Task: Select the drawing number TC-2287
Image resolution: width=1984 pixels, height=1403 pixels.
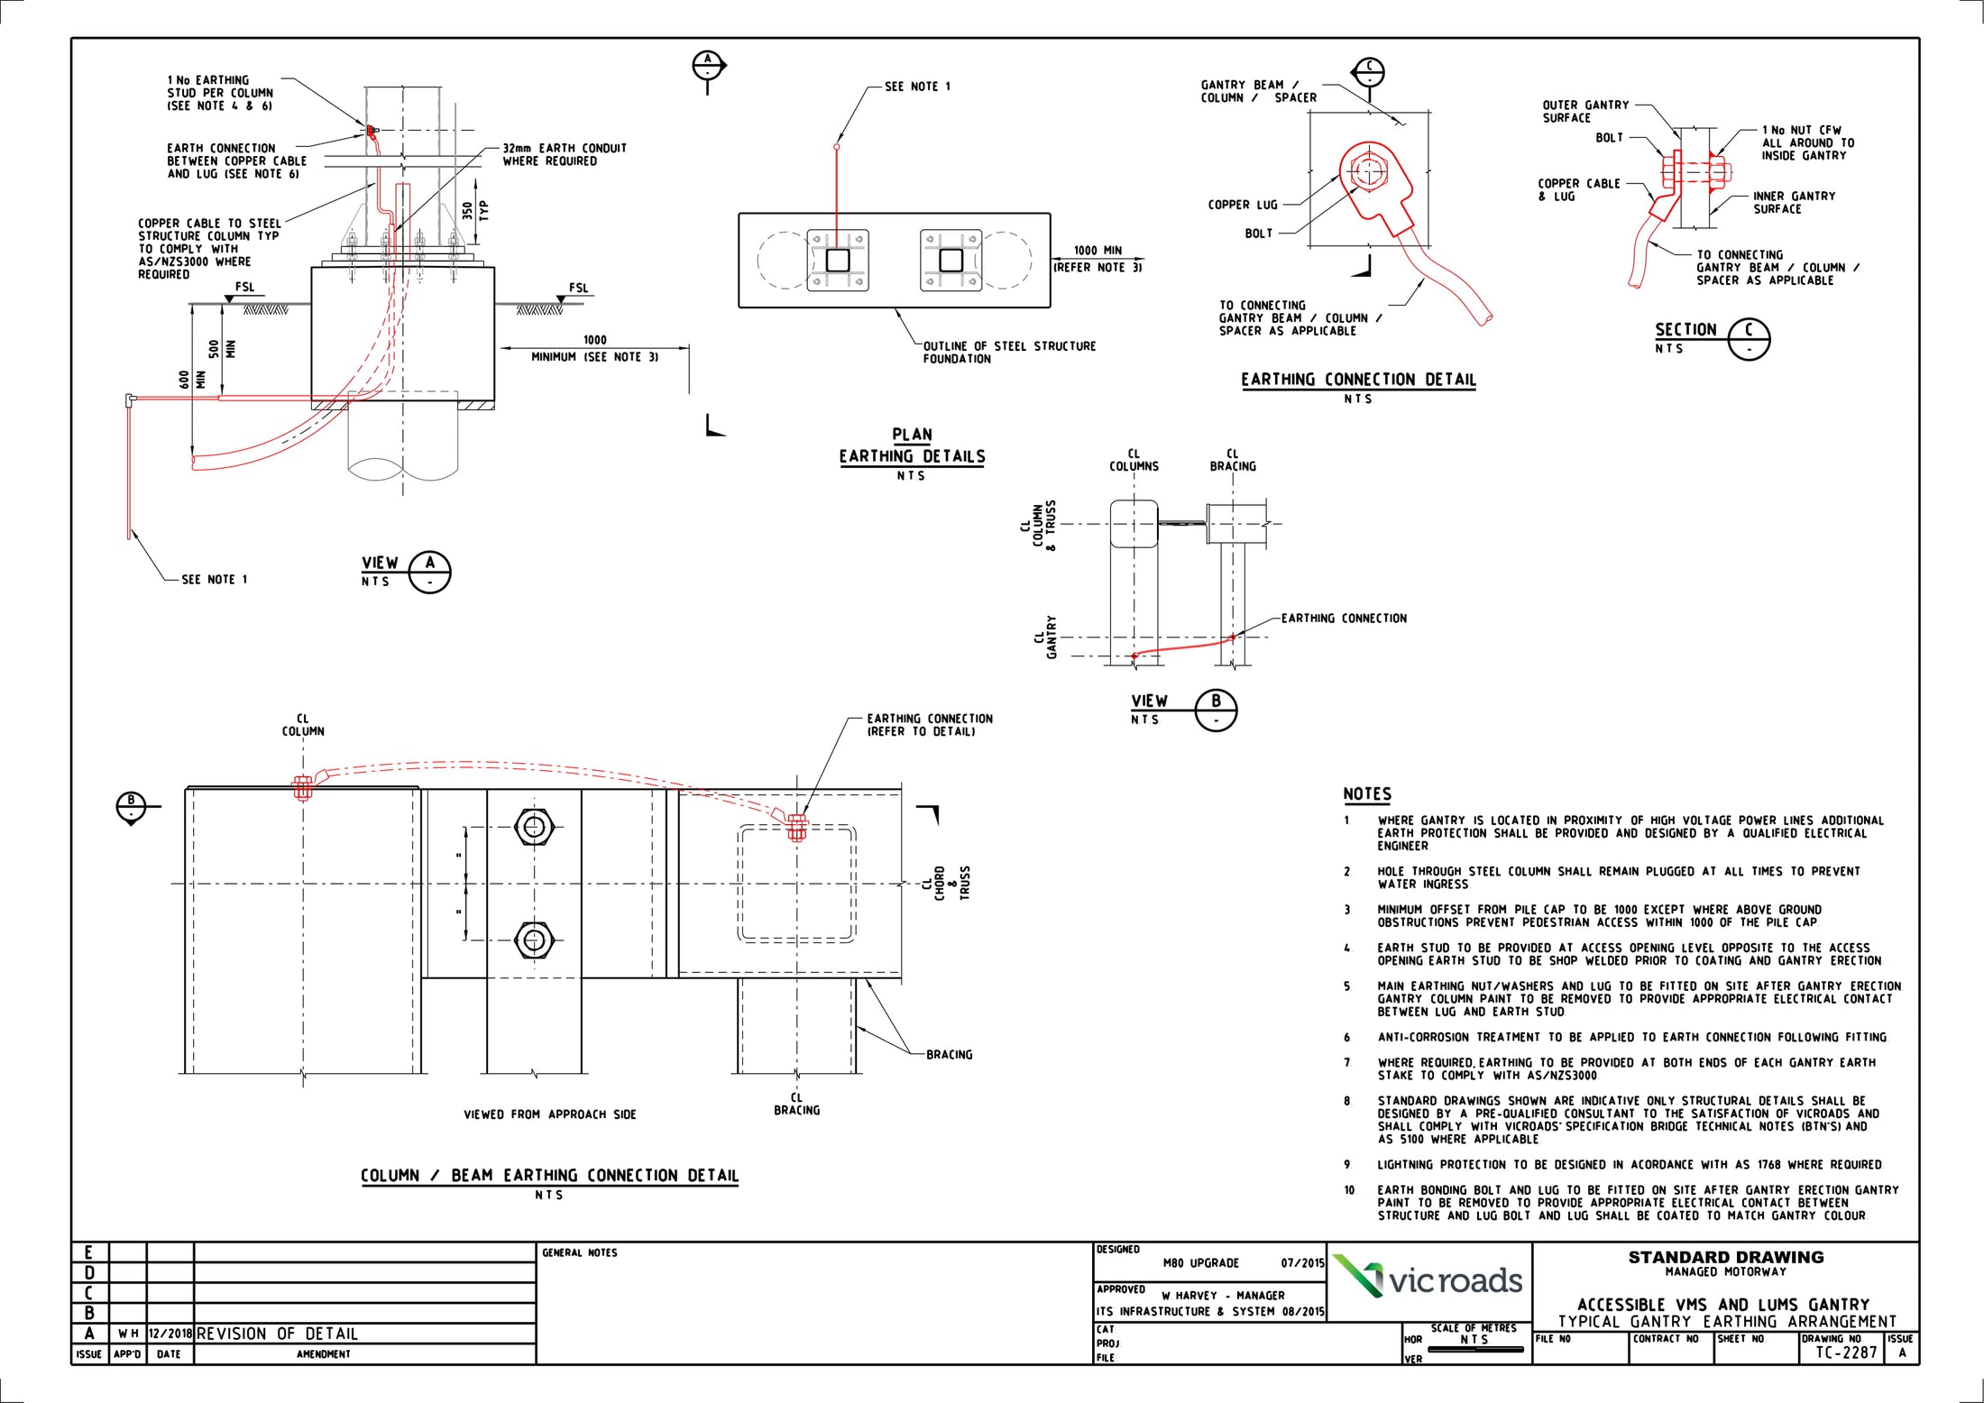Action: [x=1845, y=1353]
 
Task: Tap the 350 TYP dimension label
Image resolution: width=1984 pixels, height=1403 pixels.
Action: [x=474, y=210]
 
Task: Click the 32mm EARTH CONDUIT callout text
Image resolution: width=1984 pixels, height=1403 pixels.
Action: [x=564, y=154]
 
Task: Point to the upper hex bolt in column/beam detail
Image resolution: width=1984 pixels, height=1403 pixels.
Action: [x=532, y=826]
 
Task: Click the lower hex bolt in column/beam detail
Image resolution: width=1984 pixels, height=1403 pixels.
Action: [x=532, y=940]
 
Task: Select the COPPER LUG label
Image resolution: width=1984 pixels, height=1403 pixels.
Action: [x=1242, y=205]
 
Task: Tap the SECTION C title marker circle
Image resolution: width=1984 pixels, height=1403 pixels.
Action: [x=1749, y=339]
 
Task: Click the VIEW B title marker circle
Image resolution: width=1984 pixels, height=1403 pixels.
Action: [x=1216, y=710]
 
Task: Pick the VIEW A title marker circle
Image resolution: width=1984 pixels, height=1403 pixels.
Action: [x=429, y=572]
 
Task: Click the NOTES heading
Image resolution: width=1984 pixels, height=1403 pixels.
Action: [x=1366, y=794]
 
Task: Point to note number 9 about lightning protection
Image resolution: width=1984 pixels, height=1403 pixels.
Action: [x=1628, y=1165]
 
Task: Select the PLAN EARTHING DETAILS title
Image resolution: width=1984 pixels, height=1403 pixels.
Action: [x=912, y=446]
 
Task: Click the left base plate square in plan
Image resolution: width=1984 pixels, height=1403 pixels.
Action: [x=837, y=261]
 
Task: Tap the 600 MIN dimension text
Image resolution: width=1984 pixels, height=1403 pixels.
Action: [x=192, y=380]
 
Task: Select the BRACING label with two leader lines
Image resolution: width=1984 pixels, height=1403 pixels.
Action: [x=949, y=1054]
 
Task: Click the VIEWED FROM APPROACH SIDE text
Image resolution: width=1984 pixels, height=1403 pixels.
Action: [x=549, y=1114]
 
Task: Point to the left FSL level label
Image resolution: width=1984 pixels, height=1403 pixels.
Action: [x=244, y=288]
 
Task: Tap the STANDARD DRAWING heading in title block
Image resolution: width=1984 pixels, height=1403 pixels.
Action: [x=1725, y=1257]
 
